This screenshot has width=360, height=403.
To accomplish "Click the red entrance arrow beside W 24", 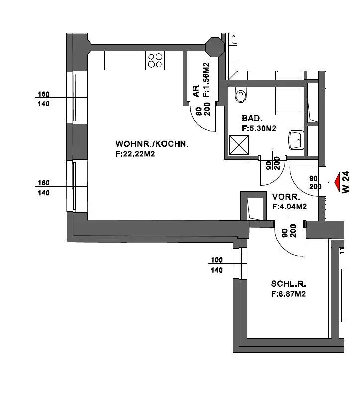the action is coord(338,182).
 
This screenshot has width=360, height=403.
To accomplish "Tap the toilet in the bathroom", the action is coord(241,95).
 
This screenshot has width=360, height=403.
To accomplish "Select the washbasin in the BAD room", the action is coord(296,140).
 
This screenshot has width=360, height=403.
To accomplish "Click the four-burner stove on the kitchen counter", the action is coord(155,60).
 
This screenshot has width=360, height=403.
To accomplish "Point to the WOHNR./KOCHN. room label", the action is coord(152,144).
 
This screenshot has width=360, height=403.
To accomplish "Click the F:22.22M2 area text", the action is coord(135,154).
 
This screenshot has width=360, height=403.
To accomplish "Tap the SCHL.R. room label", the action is coord(288,284).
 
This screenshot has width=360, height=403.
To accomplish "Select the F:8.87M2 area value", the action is coord(288,294).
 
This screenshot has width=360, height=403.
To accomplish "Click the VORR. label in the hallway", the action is coord(286,197).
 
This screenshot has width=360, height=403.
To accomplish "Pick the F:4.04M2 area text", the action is coord(290,206).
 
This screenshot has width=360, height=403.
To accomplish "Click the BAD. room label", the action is coord(252,118).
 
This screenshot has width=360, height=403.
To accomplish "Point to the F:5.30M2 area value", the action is coord(259,128).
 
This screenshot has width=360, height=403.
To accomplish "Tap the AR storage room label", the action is coord(196,91).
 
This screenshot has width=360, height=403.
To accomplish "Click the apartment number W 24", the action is coord(346,182).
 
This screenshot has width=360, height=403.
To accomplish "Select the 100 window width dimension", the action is coord(217,260).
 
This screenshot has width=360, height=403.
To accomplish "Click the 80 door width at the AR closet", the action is coord(199,111).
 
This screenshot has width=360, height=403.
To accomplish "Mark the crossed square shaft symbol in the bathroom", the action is coord(239,145).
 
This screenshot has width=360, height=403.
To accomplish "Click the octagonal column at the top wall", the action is coord(215,47).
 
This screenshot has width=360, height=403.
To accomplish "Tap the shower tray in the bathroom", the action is coord(289,101).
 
